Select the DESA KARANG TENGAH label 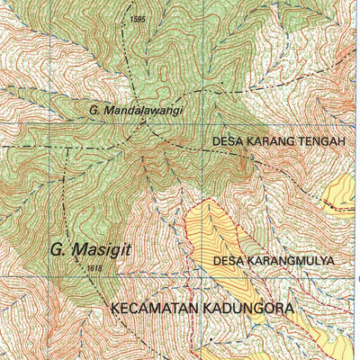278,141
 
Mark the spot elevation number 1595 137,19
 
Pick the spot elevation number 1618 95,268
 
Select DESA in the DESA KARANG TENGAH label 227,141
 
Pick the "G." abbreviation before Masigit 57,248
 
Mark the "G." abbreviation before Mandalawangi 94,110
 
